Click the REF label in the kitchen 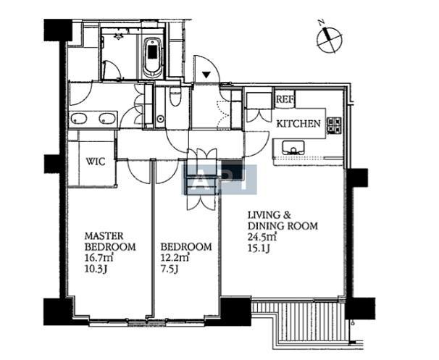click(285, 99)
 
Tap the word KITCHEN click(298, 123)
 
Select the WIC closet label click(96, 162)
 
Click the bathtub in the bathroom click(153, 58)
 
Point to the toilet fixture click(175, 96)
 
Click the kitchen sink click(293, 148)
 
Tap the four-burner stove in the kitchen click(335, 125)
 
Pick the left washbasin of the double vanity click(79, 118)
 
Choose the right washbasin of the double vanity click(107, 118)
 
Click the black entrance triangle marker click(206, 75)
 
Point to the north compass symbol click(330, 38)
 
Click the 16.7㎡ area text click(97, 258)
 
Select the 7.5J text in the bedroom click(170, 269)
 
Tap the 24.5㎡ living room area click(262, 237)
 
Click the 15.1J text click(259, 248)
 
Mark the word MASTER click(104, 235)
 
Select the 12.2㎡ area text click(175, 258)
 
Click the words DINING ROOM click(283, 225)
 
